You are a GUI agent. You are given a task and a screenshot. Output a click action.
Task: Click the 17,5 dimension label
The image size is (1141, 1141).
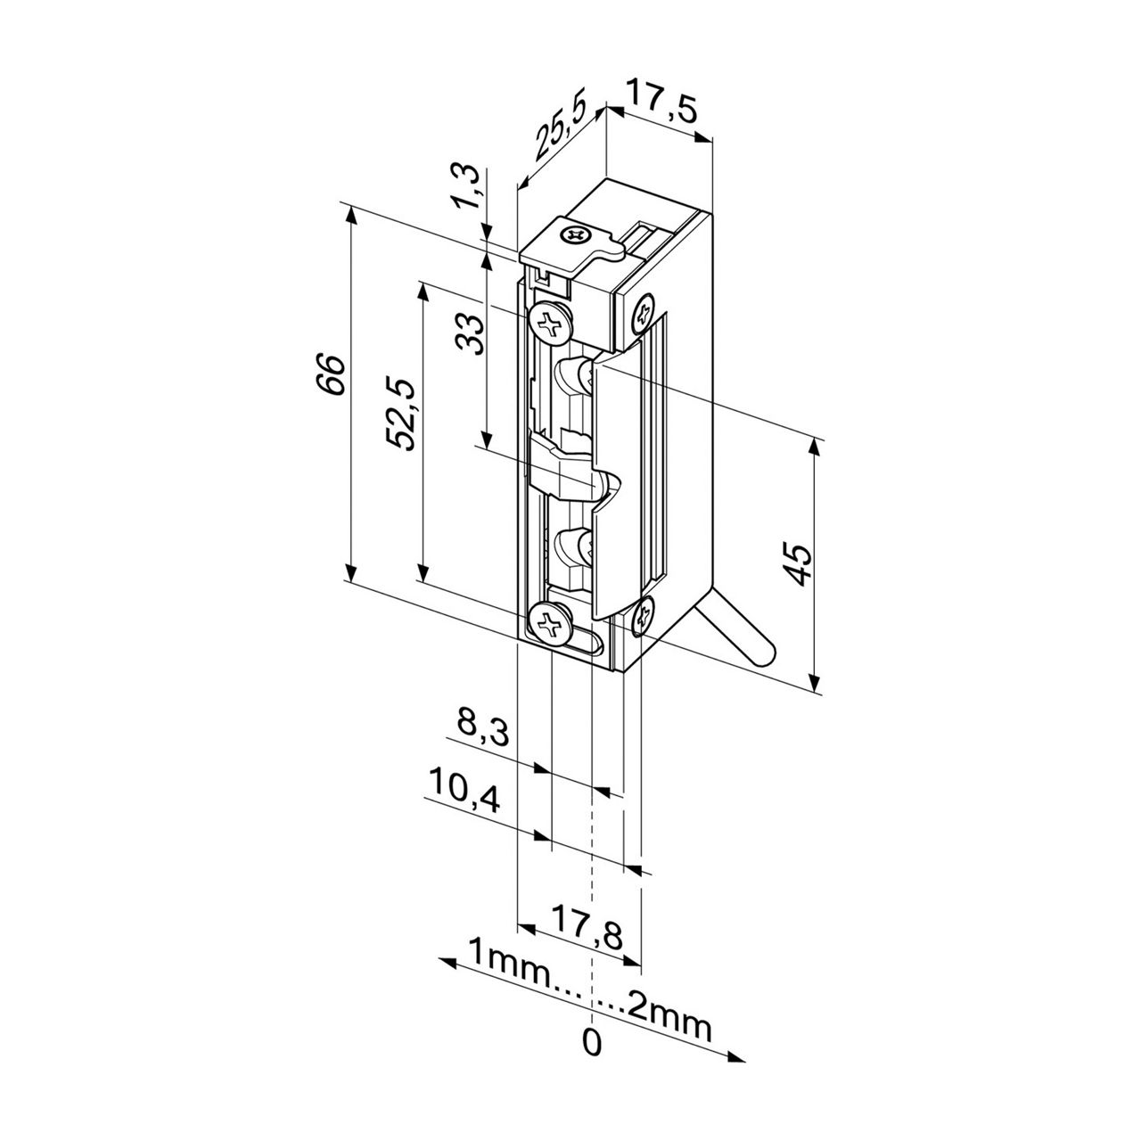coord(661,101)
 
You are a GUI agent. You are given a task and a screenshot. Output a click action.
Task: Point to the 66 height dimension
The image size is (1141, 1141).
coord(331,375)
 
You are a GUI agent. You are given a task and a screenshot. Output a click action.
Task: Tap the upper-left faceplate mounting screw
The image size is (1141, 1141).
coord(551,321)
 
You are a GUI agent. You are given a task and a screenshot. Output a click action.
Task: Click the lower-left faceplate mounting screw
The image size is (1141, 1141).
coord(549,623)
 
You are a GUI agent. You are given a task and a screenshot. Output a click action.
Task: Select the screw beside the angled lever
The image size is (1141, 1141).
coord(644,617)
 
